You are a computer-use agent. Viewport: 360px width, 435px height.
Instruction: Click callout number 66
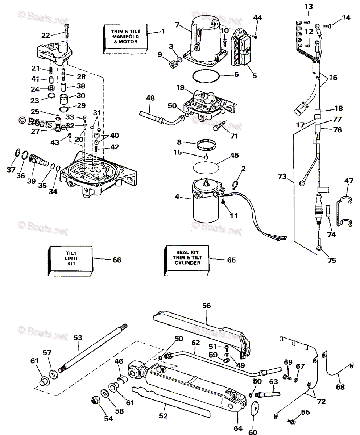tap(117, 260)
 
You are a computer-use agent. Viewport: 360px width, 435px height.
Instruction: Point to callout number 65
tap(231, 260)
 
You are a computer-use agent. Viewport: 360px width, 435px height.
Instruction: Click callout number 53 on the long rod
tap(78, 338)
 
